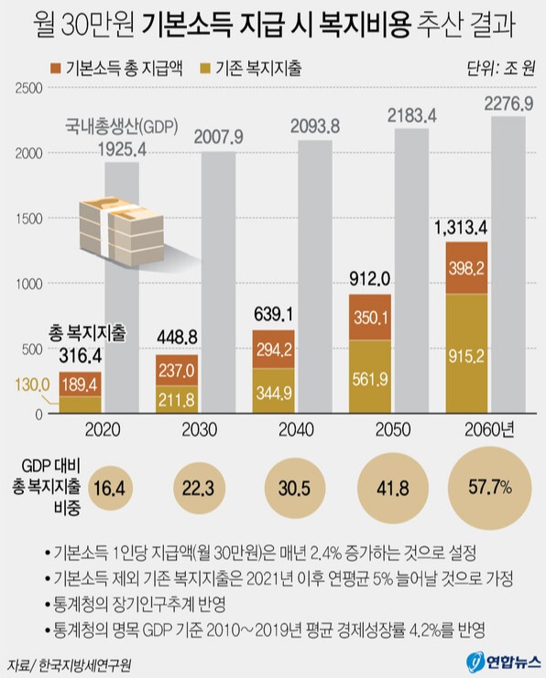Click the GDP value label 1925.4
coord(114,146)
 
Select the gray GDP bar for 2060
coord(508,265)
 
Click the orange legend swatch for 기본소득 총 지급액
coord(57,68)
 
